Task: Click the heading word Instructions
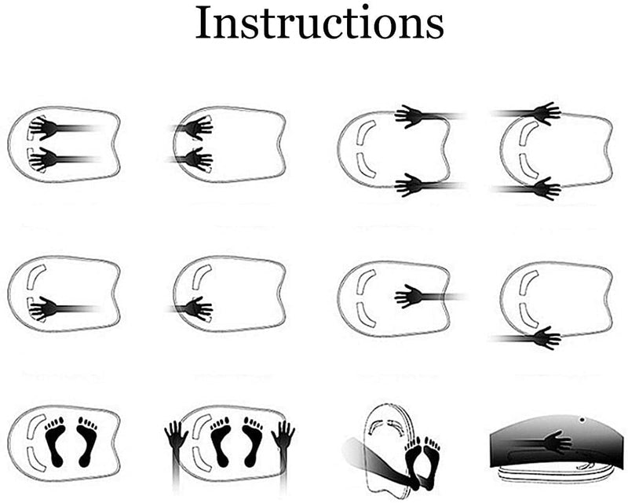[x=319, y=23]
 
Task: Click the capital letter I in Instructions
[x=203, y=23]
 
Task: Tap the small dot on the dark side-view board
[x=582, y=420]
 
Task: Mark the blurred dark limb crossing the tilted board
[x=381, y=465]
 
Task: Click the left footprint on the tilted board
[x=413, y=461]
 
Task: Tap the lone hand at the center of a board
[x=407, y=297]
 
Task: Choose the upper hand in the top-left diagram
[x=44, y=128]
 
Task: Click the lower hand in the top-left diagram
[x=44, y=159]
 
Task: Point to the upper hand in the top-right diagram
[x=546, y=114]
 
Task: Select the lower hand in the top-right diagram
[x=546, y=188]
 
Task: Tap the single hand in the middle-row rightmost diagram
[x=546, y=338]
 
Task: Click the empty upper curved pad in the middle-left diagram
[x=35, y=275]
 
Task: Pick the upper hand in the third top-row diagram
[x=408, y=117]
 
